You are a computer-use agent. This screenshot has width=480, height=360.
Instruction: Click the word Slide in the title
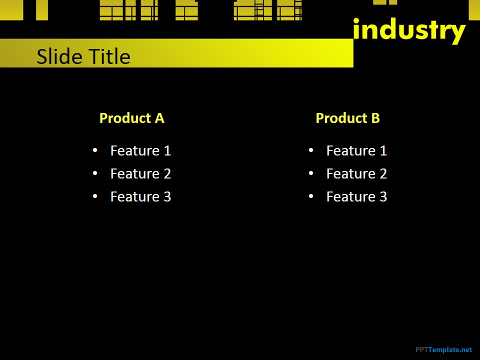coord(55,56)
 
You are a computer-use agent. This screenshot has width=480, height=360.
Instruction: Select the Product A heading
coord(131,118)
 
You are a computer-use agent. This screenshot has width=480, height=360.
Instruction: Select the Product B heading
coord(347,118)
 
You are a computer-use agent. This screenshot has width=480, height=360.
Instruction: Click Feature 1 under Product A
coord(140,150)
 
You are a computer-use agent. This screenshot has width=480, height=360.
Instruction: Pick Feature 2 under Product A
coord(140,173)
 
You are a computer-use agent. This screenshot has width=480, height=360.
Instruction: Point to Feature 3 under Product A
coord(140,196)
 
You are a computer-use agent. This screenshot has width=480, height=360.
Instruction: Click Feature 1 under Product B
coord(356,150)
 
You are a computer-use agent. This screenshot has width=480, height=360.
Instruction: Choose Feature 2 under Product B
coord(356,173)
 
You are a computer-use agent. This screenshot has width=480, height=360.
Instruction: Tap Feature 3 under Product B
coord(356,196)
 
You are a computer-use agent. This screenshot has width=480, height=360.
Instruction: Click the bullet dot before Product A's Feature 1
coord(95,150)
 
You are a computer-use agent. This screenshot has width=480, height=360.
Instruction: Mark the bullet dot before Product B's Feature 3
coord(311,196)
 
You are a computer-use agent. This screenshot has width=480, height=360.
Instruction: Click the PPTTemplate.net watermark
coord(443,349)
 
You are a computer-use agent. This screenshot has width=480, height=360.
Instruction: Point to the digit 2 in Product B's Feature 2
coord(382,173)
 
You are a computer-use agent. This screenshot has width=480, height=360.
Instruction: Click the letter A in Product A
coord(159,118)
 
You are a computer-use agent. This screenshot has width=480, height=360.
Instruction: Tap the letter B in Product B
coord(375,118)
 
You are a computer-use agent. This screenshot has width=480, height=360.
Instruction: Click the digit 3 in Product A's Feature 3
coord(166,196)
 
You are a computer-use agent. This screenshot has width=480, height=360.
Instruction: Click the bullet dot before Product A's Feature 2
coord(95,173)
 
